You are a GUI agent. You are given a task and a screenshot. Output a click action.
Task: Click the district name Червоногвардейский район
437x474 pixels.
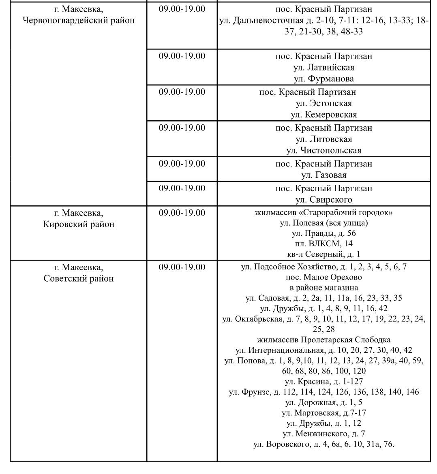[x=78, y=20]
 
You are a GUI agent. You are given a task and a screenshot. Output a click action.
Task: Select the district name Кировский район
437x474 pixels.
[x=78, y=224]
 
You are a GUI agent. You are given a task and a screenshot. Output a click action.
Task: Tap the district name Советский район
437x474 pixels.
[x=78, y=278]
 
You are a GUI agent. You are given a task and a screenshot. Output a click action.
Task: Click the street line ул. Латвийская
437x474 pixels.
[x=323, y=67]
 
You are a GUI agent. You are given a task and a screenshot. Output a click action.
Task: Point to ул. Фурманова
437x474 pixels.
[x=323, y=79]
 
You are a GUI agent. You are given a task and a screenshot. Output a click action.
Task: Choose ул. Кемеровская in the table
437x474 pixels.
[x=323, y=115]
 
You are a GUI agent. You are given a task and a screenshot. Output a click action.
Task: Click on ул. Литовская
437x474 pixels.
[x=323, y=139]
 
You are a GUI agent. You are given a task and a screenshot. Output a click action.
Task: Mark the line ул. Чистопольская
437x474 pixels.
[x=323, y=150]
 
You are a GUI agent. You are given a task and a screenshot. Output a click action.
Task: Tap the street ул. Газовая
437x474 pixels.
[x=323, y=175]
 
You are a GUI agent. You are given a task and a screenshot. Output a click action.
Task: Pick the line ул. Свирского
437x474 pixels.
[x=323, y=199]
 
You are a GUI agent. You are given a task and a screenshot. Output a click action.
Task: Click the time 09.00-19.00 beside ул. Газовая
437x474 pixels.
[x=182, y=164]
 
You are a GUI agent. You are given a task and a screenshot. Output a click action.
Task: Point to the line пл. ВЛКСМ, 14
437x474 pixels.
[x=323, y=244]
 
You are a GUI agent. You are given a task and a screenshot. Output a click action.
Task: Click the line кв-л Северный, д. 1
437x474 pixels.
[x=323, y=254]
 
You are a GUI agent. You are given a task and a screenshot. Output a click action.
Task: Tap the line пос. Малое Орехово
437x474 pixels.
[x=323, y=278]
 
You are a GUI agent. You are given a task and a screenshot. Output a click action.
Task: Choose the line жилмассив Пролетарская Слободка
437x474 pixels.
[x=323, y=339]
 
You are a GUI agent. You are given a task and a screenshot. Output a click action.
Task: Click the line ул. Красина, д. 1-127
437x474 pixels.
[x=323, y=381]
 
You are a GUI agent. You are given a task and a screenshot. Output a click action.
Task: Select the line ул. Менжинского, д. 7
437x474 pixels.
[x=323, y=434]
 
